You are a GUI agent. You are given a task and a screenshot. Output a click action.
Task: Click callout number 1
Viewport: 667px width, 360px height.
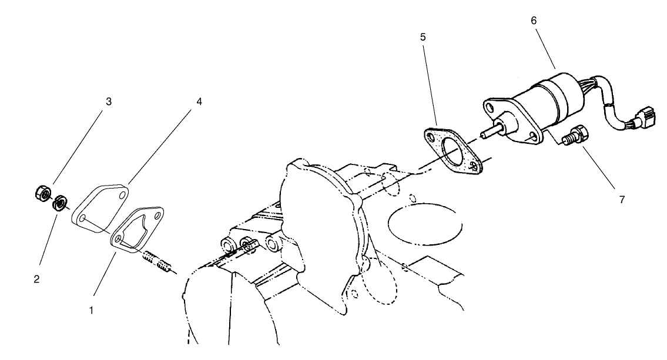(x=91, y=309)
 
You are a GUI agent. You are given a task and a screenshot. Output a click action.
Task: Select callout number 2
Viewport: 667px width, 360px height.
(x=36, y=280)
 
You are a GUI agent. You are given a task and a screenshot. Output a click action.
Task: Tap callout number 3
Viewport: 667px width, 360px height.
(x=108, y=101)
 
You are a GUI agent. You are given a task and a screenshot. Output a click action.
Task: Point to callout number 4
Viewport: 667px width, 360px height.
(x=199, y=102)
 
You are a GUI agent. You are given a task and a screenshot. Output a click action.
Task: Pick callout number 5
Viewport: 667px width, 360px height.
(x=423, y=36)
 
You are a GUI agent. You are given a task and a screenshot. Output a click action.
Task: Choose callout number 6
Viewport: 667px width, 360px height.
(x=533, y=20)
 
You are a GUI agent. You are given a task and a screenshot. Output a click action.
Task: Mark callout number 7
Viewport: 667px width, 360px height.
(x=622, y=200)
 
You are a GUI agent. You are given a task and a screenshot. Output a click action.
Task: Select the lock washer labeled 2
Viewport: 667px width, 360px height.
(x=59, y=205)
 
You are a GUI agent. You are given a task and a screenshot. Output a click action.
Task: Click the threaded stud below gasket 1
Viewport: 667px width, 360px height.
(x=159, y=262)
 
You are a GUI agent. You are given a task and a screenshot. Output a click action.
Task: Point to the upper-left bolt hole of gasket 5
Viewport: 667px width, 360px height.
(x=433, y=138)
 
